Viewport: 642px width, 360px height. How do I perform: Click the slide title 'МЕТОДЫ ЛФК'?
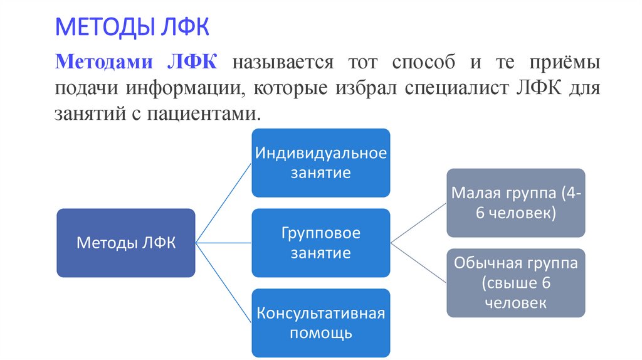coord(132,28)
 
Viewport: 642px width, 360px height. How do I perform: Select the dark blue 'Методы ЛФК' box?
coord(125,243)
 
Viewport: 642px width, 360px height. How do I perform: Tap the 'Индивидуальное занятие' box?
coord(320,162)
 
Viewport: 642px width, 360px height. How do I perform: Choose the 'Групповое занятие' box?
coord(320,243)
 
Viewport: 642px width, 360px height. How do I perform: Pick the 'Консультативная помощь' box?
coord(320,322)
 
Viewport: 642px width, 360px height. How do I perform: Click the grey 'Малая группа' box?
coord(515,202)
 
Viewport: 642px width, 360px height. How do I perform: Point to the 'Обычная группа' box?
coord(515,282)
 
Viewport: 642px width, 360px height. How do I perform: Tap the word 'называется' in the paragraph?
coord(282,63)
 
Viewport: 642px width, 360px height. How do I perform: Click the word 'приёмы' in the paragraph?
coord(564,63)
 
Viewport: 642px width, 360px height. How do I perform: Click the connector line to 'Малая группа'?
coord(418,223)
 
